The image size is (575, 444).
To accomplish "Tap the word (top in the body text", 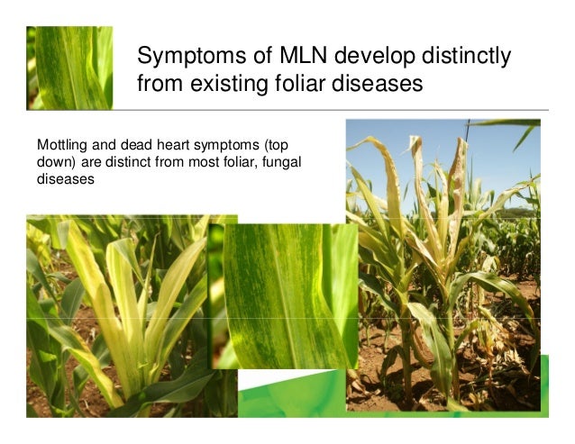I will pos(272,144).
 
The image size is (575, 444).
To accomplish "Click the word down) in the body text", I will pos(56,161).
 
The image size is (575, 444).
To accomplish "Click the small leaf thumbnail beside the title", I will pos(72,68).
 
